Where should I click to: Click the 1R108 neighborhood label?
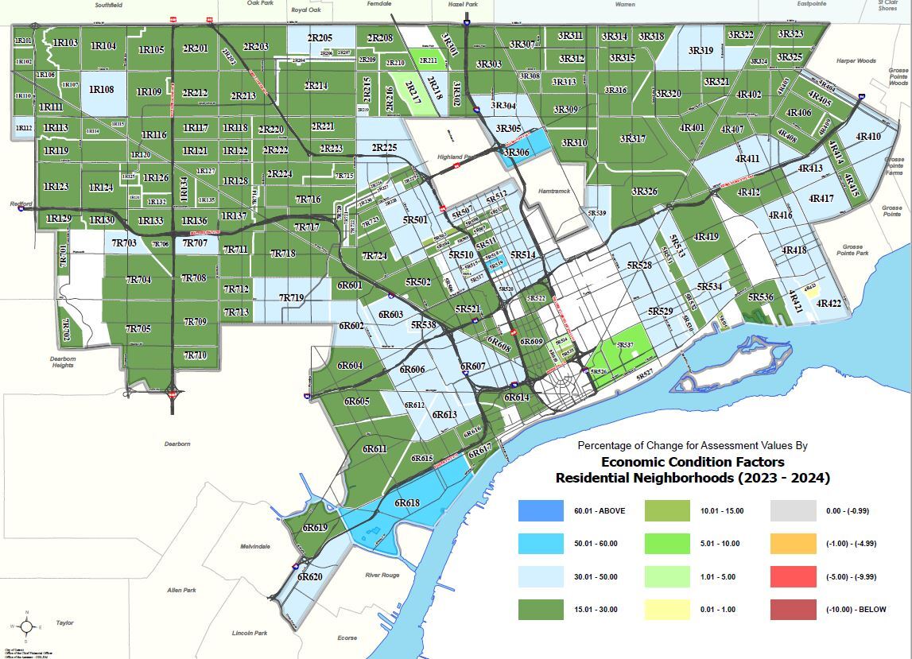pos(102,89)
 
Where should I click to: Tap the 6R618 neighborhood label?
pos(407,503)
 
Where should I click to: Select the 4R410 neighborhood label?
pos(868,137)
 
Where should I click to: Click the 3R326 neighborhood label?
pos(644,192)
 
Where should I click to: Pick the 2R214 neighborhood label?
pos(316,85)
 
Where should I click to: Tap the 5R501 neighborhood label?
pos(415,219)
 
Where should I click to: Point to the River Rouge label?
pos(382,575)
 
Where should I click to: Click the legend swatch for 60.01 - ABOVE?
pos(541,510)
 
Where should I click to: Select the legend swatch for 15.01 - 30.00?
pos(541,610)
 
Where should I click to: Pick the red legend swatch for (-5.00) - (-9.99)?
pos(793,576)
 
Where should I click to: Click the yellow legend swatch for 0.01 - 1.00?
pos(666,610)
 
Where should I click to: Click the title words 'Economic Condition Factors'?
pos(692,462)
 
